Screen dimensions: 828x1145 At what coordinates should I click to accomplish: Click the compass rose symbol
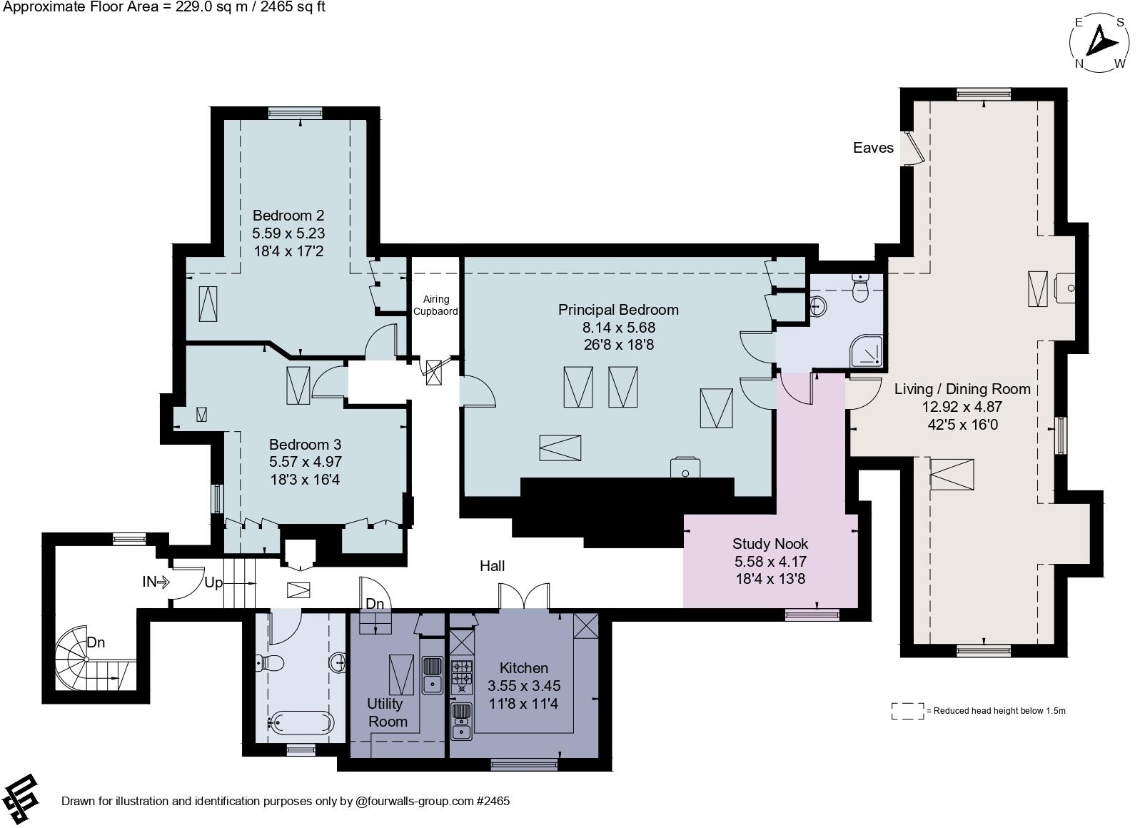[x=1099, y=43]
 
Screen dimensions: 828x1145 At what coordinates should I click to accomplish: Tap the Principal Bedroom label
[x=618, y=310]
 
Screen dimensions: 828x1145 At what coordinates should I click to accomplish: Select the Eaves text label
[x=873, y=148]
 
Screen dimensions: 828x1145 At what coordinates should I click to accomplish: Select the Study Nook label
[x=770, y=544]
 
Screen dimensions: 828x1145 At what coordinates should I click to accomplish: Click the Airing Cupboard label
[x=435, y=306]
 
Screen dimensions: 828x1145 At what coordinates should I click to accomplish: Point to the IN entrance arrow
[x=155, y=582]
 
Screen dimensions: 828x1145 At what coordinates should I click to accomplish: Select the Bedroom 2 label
[x=288, y=216]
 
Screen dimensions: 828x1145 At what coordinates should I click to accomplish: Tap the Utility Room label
[x=387, y=712]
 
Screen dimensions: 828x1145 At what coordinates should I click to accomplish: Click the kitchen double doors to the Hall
[x=524, y=597]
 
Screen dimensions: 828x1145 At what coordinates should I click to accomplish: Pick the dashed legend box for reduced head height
[x=907, y=711]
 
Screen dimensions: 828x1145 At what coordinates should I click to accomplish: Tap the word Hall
[x=492, y=566]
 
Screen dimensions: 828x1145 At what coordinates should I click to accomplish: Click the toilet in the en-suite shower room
[x=862, y=288]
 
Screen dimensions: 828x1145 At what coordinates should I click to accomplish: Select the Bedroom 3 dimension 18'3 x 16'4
[x=305, y=480]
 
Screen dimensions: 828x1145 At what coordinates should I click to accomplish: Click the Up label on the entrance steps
[x=213, y=582]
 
